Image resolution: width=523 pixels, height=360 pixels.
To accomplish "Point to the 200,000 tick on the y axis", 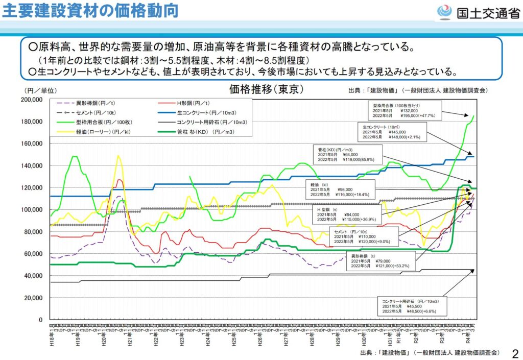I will pyautogui.click(x=32, y=100).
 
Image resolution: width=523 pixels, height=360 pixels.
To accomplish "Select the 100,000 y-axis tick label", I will pyautogui.click(x=32, y=210).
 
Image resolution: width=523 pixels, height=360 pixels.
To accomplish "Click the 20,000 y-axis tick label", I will pyautogui.click(x=34, y=298).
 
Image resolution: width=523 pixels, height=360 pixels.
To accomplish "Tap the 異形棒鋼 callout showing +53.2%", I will pyautogui.click(x=381, y=260).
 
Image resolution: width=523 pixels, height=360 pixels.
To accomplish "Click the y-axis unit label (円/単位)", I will pyautogui.click(x=36, y=90).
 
